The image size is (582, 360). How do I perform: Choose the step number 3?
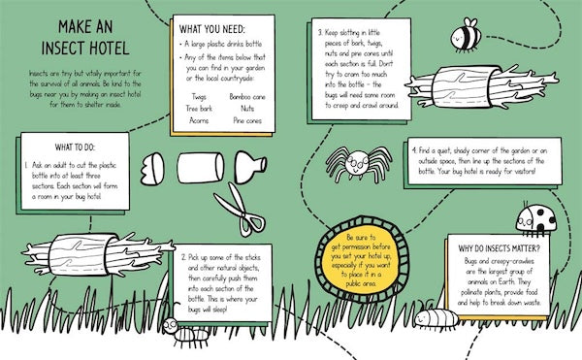tap(322, 33)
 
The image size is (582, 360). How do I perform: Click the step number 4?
tap(413, 151)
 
